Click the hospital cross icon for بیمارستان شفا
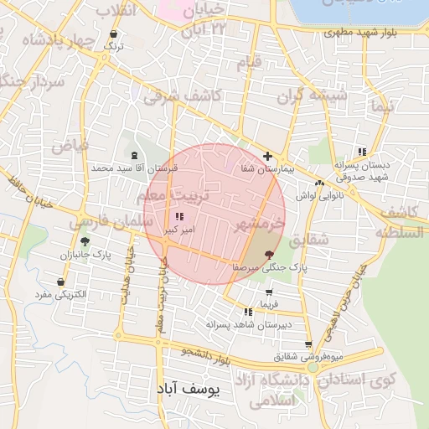(267, 156)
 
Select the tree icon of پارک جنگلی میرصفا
(269, 253)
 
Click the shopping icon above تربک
(113, 34)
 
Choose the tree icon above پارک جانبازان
(85, 241)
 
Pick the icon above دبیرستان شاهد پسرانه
(248, 312)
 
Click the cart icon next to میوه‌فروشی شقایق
(308, 344)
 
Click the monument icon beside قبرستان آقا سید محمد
(135, 155)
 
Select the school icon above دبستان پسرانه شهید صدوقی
(362, 152)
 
